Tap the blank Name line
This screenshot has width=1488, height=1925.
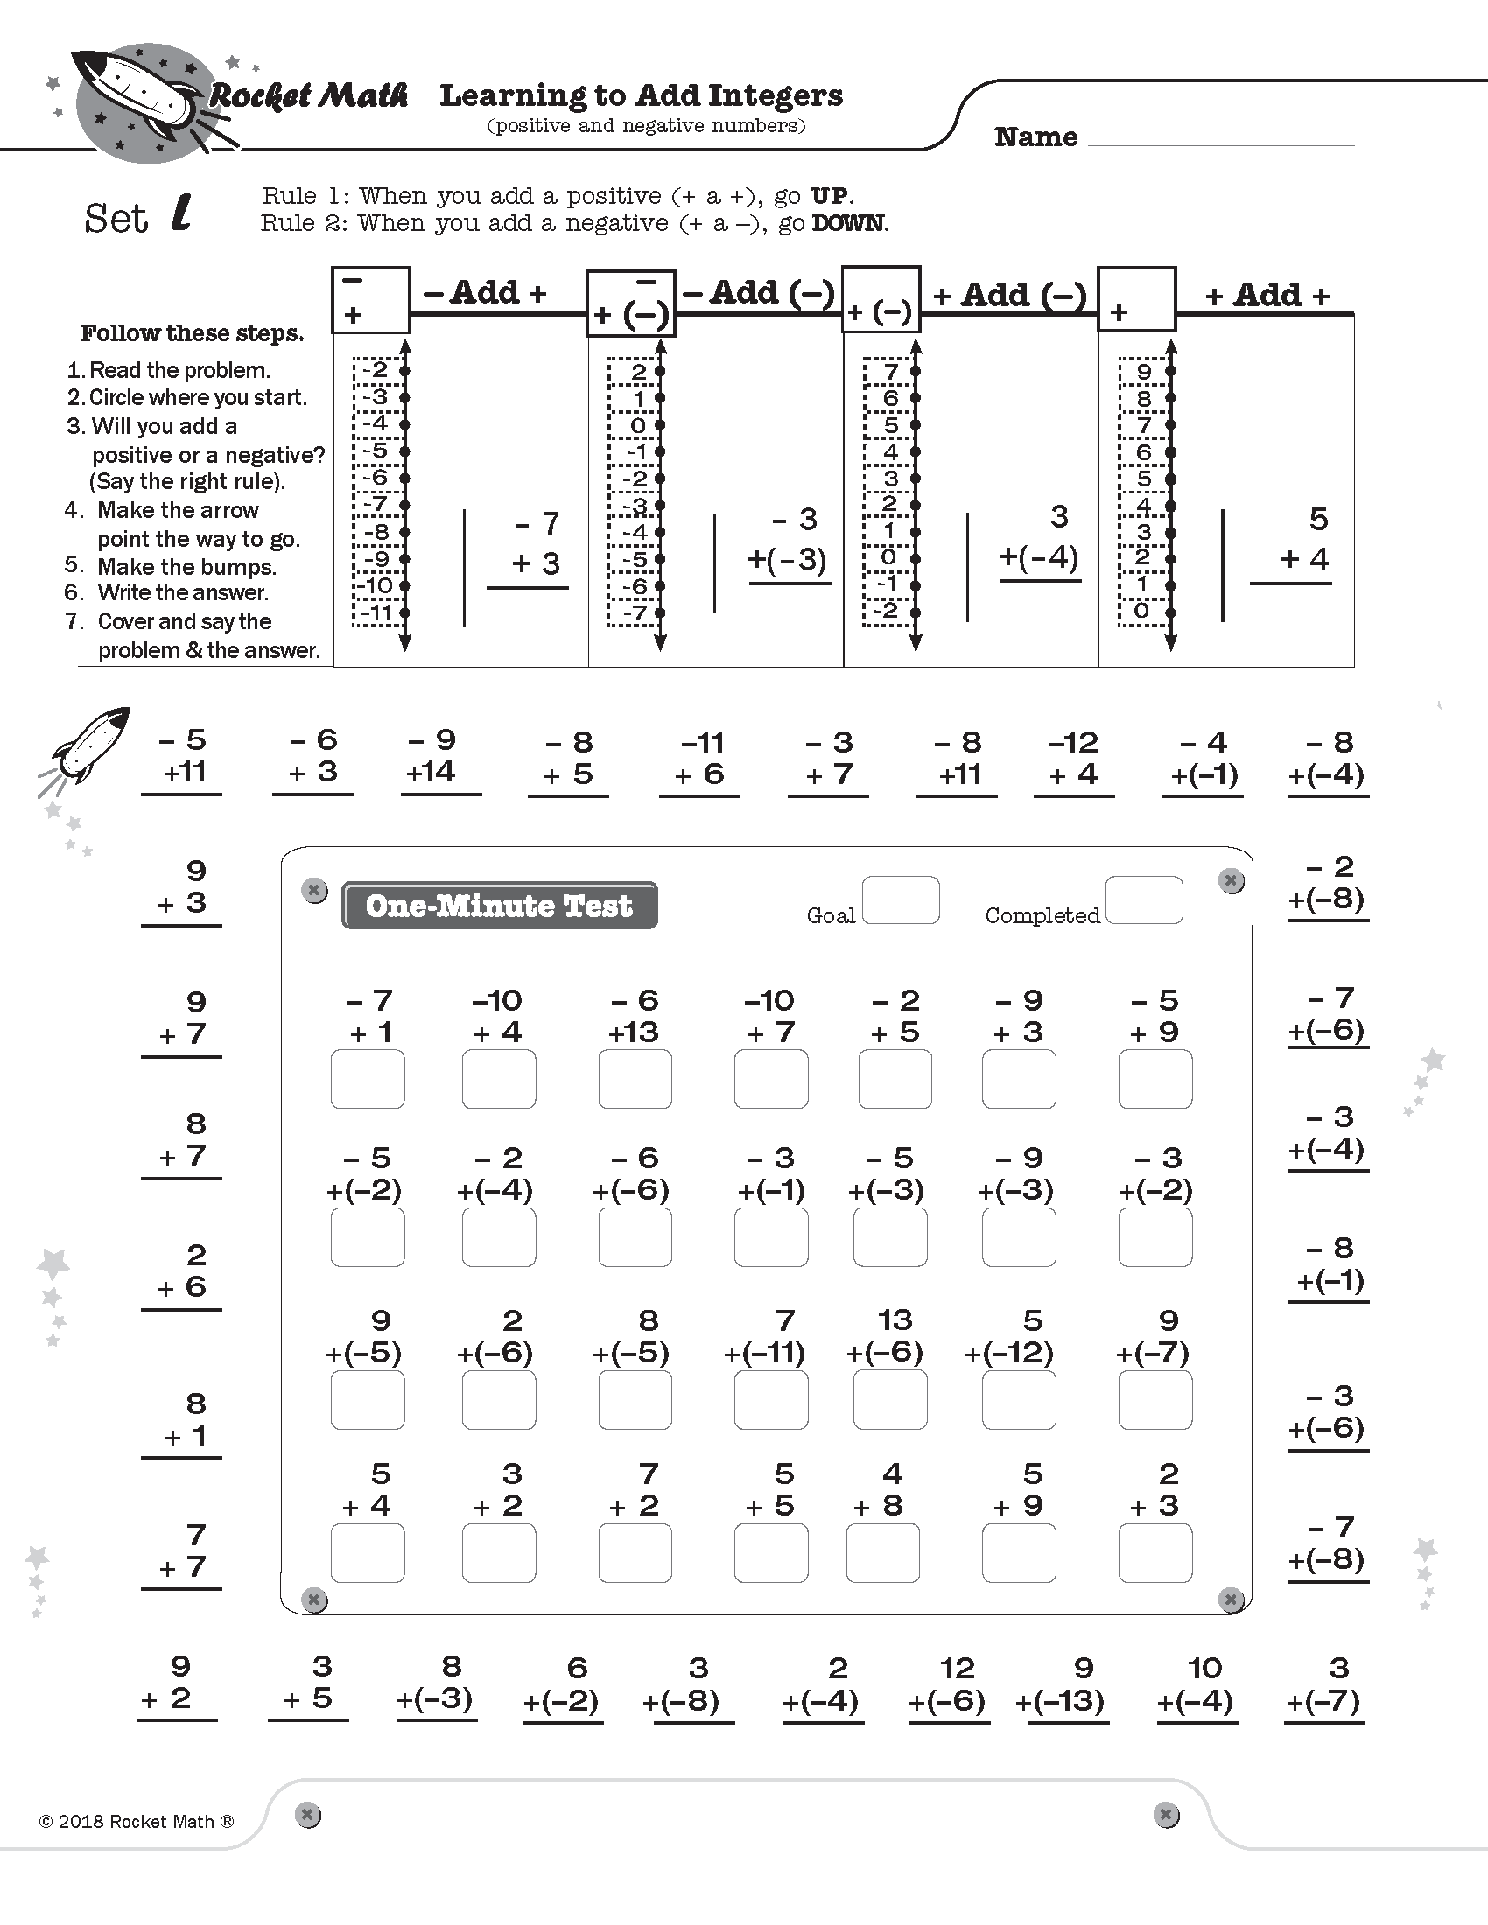pos(1221,137)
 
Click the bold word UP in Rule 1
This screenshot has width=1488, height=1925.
pos(831,195)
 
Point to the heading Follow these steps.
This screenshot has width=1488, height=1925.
pos(193,333)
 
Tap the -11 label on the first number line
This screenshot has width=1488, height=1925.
pos(377,612)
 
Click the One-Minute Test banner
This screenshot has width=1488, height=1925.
pos(499,906)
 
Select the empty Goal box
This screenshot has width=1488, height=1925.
pos(900,899)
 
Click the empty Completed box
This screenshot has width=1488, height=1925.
pos(1143,899)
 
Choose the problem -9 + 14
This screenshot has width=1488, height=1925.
pos(432,756)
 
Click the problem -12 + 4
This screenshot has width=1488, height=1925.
pos(1074,758)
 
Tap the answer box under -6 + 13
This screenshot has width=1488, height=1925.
pos(635,1079)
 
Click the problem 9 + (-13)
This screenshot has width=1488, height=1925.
pos(1062,1684)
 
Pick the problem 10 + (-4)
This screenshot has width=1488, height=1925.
pos(1197,1684)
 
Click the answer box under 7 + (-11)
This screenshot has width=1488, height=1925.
pos(770,1400)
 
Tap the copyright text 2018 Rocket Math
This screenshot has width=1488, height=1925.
pos(137,1822)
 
